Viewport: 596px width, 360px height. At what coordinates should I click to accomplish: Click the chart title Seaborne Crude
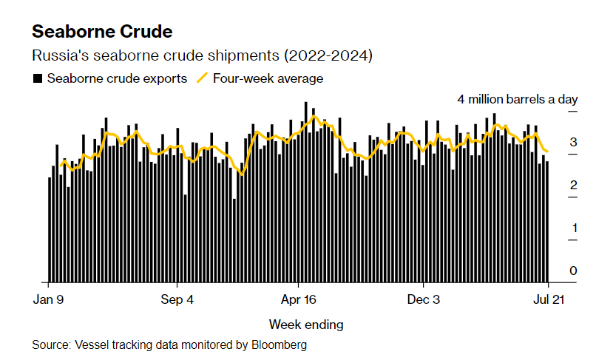102,32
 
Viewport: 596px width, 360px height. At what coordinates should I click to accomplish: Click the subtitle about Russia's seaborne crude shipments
202,56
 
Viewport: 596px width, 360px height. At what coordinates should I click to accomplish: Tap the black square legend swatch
37,78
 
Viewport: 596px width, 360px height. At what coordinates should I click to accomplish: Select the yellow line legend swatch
202,78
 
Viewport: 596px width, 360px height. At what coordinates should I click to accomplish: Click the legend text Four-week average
268,78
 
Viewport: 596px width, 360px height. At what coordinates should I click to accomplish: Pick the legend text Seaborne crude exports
117,78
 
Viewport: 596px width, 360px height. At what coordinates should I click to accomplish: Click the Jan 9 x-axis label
49,300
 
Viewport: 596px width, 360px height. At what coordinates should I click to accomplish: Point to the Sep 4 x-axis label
177,300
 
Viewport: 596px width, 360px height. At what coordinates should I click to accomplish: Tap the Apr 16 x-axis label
298,300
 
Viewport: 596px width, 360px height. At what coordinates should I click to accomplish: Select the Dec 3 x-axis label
424,300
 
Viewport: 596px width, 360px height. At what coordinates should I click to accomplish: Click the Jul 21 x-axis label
549,300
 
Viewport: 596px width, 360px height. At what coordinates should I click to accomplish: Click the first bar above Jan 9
50,230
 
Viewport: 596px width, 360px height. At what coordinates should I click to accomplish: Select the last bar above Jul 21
547,222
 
